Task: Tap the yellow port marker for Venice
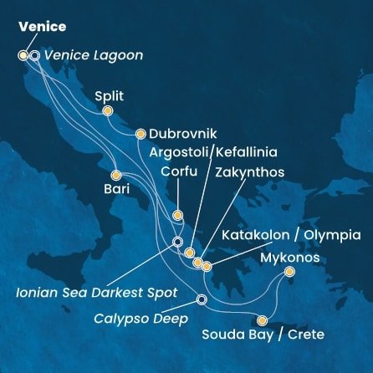coord(23,56)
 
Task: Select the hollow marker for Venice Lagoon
coord(34,56)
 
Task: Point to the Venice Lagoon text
coord(92,56)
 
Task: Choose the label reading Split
coord(110,96)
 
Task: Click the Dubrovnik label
coord(183,134)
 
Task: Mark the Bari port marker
coord(116,176)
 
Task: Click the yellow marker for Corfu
coord(177,216)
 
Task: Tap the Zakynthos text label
coord(249,173)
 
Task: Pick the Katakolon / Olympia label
coord(291,235)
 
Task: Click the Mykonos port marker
coord(289,272)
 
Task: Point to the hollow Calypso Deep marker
coord(201,300)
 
